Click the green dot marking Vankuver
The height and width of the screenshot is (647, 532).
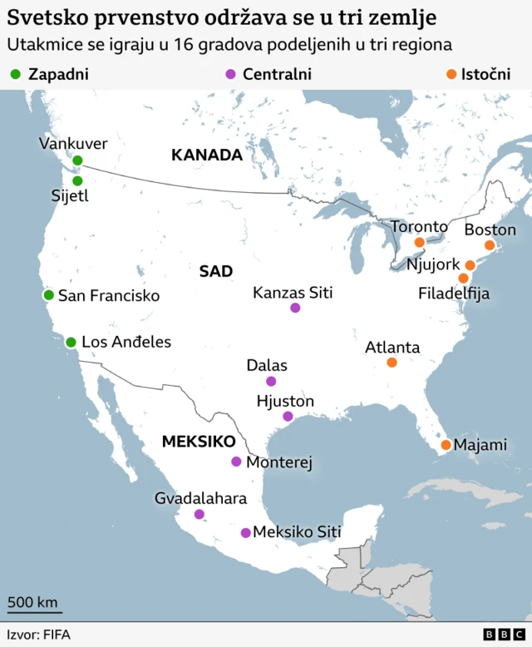[x=77, y=161]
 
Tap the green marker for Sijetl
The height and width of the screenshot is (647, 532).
[x=77, y=180]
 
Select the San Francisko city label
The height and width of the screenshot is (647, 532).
[x=108, y=295]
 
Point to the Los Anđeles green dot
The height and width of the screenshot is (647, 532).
[x=71, y=342]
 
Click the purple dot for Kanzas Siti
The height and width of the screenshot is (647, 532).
[x=295, y=308]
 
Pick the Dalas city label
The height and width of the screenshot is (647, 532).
[x=267, y=365]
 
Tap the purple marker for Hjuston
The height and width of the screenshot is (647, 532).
[x=288, y=416]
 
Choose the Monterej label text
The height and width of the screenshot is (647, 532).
[x=278, y=462]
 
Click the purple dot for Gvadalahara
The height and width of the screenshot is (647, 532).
[x=199, y=514]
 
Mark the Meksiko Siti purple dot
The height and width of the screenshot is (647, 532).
[x=245, y=532]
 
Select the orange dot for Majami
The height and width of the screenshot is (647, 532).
[x=446, y=445]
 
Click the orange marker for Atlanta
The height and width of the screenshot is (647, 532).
[x=392, y=363]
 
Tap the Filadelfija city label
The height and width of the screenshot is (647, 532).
[x=454, y=294]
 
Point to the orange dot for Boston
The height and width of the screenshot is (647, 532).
[x=490, y=244]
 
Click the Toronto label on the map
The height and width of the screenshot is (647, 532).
[x=419, y=226]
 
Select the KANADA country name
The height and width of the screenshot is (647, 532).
[x=206, y=155]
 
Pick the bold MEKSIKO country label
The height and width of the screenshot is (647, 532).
[x=199, y=442]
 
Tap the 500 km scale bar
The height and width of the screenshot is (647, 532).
[x=34, y=610]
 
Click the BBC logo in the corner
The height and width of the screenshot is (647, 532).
[x=500, y=635]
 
